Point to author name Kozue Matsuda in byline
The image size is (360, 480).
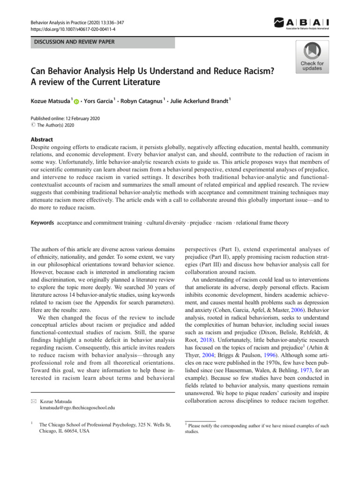51,101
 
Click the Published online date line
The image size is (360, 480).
65,119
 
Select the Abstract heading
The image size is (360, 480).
41,140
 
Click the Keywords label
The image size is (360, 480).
42,222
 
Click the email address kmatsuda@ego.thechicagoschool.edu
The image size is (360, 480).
77,409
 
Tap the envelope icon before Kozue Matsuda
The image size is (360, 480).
33,402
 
